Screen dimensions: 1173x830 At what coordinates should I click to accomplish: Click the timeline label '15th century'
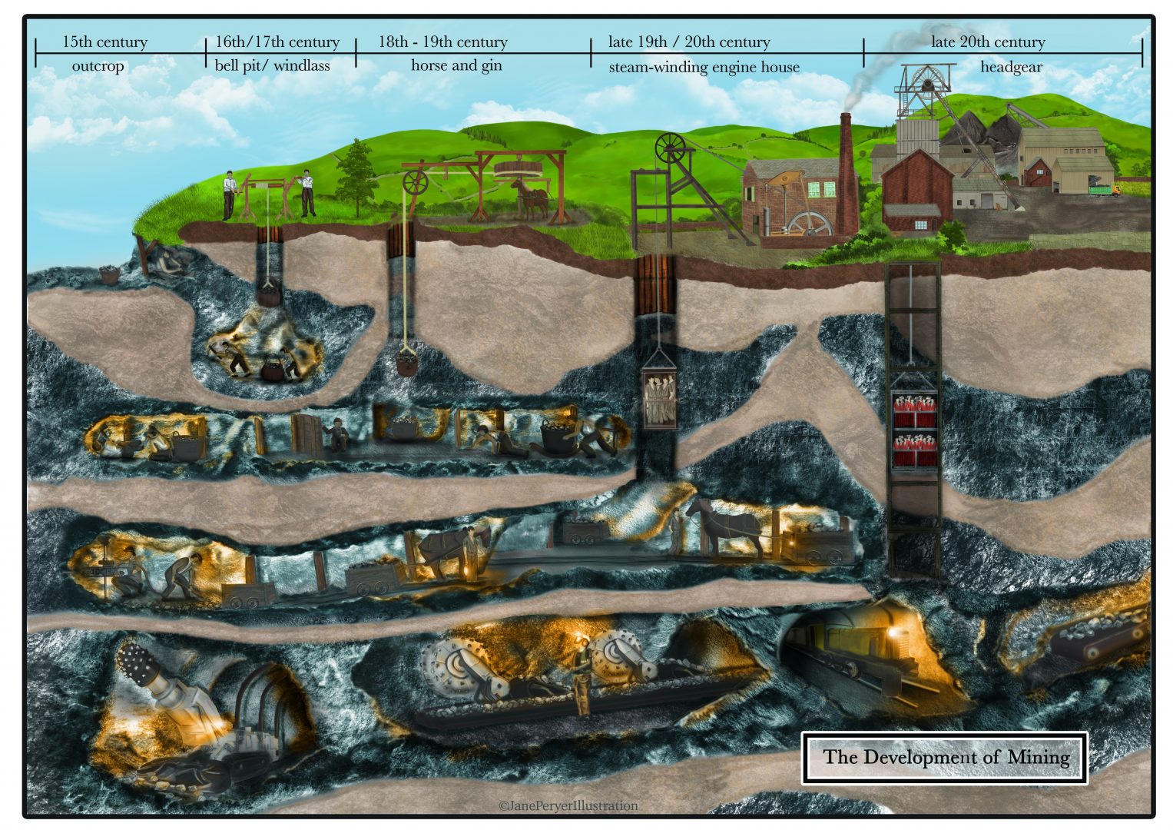(104, 41)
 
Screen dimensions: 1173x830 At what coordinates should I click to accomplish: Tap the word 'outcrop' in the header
(98, 66)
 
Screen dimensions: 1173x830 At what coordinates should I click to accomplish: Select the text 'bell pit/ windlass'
(272, 65)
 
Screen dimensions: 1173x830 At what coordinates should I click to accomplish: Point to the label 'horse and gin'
(456, 65)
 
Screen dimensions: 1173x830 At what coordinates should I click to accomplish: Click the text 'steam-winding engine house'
(704, 67)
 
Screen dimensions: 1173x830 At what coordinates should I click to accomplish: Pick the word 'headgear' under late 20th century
(1010, 67)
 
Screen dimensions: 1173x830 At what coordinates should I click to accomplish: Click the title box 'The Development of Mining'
(945, 757)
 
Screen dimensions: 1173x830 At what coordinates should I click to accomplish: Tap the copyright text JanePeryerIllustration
(568, 805)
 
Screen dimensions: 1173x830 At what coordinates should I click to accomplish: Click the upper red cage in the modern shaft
(914, 413)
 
